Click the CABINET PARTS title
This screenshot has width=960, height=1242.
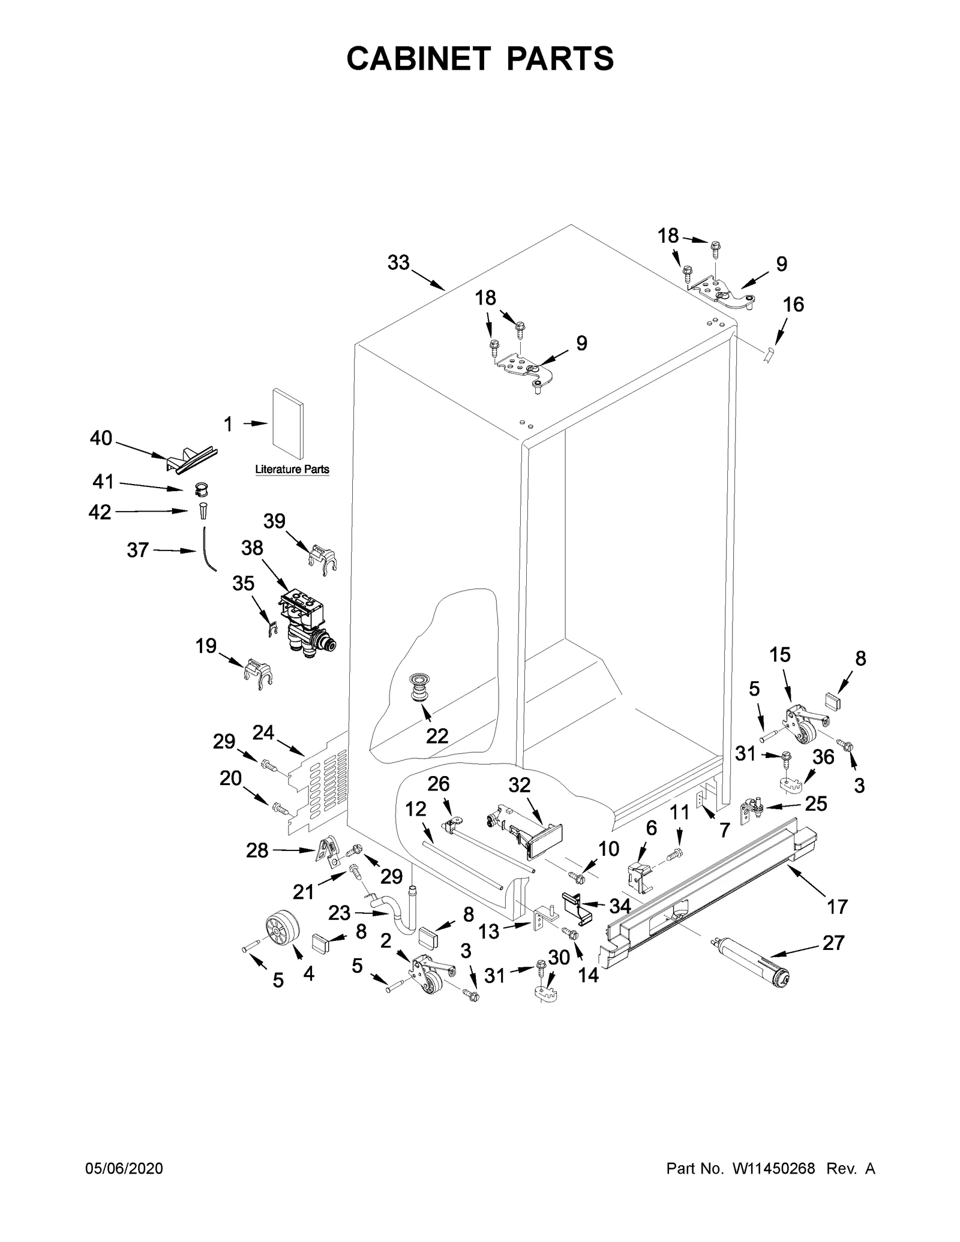click(480, 58)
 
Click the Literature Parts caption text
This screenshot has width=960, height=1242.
click(292, 470)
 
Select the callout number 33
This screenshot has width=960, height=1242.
click(398, 263)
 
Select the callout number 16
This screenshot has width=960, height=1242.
click(793, 305)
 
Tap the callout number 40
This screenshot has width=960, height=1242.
click(101, 438)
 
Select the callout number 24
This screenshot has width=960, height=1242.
click(263, 732)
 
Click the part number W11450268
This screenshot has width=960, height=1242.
click(773, 1168)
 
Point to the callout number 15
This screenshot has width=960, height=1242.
click(780, 655)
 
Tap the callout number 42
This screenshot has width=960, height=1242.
click(100, 512)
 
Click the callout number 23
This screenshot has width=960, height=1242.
click(339, 913)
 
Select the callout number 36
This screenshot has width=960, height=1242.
click(823, 757)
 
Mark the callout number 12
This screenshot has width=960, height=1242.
click(415, 809)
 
